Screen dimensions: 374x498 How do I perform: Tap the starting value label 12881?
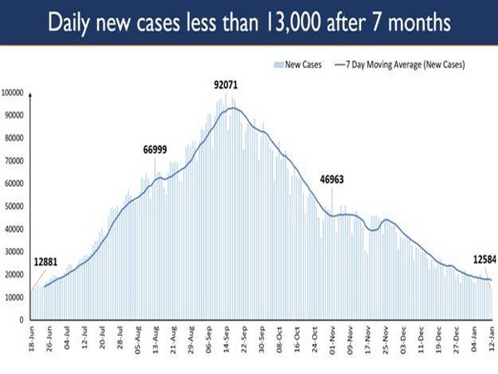(47, 262)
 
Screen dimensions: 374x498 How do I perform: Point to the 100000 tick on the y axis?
(15, 92)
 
